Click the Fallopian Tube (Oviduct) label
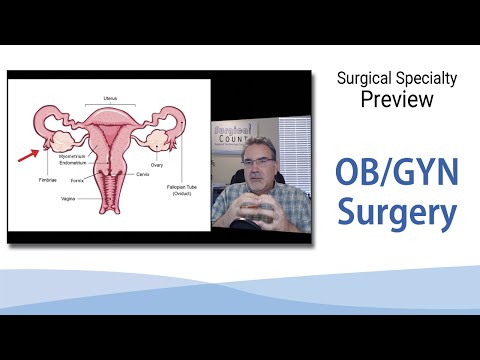coord(184,188)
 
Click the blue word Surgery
coord(397,212)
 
